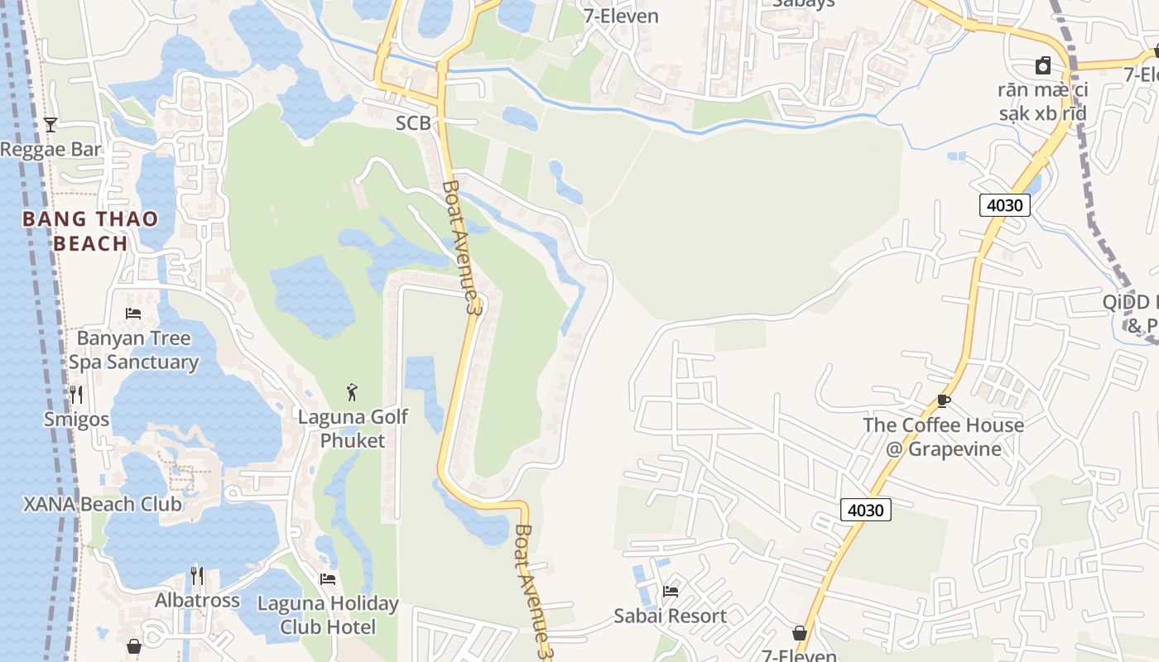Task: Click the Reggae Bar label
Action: (50, 150)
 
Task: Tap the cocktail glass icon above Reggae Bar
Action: (50, 125)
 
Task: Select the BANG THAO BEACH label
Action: (90, 231)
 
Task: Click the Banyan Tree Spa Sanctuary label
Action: (133, 350)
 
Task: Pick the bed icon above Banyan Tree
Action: (132, 313)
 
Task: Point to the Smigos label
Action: (76, 420)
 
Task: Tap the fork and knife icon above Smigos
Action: (76, 394)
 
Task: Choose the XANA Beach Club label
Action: (102, 504)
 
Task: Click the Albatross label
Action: (197, 600)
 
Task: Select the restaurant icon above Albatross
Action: (197, 574)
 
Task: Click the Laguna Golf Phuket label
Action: (353, 428)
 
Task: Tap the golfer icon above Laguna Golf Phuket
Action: (353, 391)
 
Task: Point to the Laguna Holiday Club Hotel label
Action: (328, 615)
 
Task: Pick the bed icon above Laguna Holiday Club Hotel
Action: (328, 578)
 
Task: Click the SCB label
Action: (413, 123)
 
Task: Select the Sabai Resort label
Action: (670, 616)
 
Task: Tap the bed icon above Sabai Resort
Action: (670, 591)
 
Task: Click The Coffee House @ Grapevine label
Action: (943, 437)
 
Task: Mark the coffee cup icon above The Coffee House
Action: (943, 401)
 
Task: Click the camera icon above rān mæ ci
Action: (1043, 65)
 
